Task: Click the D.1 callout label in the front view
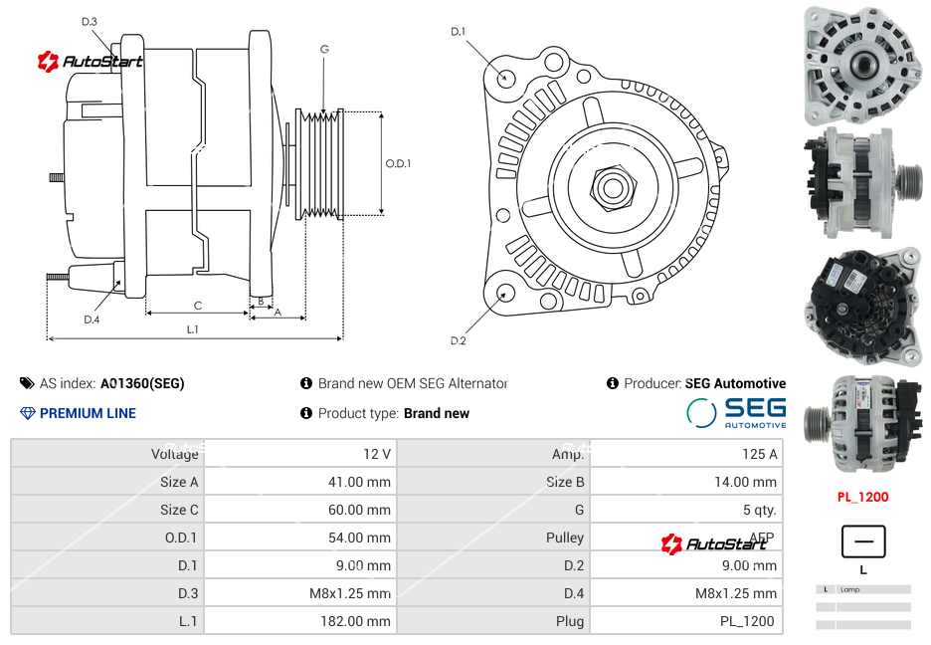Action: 458,32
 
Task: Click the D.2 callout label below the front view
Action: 458,341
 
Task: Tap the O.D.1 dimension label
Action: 398,163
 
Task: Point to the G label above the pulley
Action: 324,49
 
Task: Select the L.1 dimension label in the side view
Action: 193,328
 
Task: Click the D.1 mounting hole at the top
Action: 506,77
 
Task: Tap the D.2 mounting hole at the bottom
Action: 505,293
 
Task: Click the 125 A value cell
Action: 759,454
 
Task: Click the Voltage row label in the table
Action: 174,454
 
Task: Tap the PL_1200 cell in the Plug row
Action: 749,621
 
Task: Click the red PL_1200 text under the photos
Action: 861,497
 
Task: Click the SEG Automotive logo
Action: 736,413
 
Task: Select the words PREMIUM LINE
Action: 88,413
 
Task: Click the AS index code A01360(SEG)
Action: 142,383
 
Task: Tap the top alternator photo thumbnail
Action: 862,65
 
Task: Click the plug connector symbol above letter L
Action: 862,542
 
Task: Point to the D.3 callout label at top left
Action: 90,21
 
